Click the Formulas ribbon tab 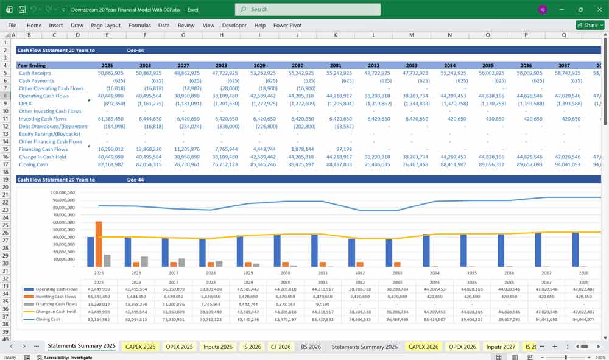(139, 26)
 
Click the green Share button (590, 25)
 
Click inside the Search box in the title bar (308, 9)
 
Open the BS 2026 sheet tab (311, 347)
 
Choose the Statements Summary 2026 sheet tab (364, 347)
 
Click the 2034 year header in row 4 (449, 65)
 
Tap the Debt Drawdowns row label (52, 126)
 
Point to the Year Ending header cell (31, 65)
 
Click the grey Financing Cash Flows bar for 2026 (144, 261)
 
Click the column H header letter (221, 35)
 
